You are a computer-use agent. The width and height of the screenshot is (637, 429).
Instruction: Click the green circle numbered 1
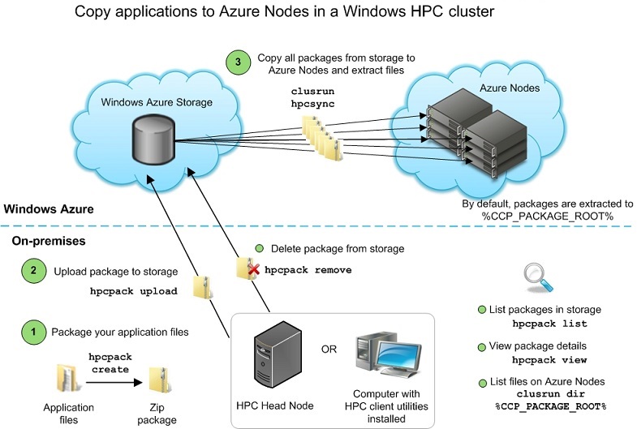(33, 331)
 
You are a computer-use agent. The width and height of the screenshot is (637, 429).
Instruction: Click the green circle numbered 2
(33, 271)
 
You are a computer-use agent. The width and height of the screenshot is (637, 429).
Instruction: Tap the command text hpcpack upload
(133, 291)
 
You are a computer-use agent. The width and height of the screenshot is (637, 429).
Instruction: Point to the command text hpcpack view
(549, 358)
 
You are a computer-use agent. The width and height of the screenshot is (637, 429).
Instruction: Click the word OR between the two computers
(329, 350)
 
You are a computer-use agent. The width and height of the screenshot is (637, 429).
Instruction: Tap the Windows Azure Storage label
(157, 102)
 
